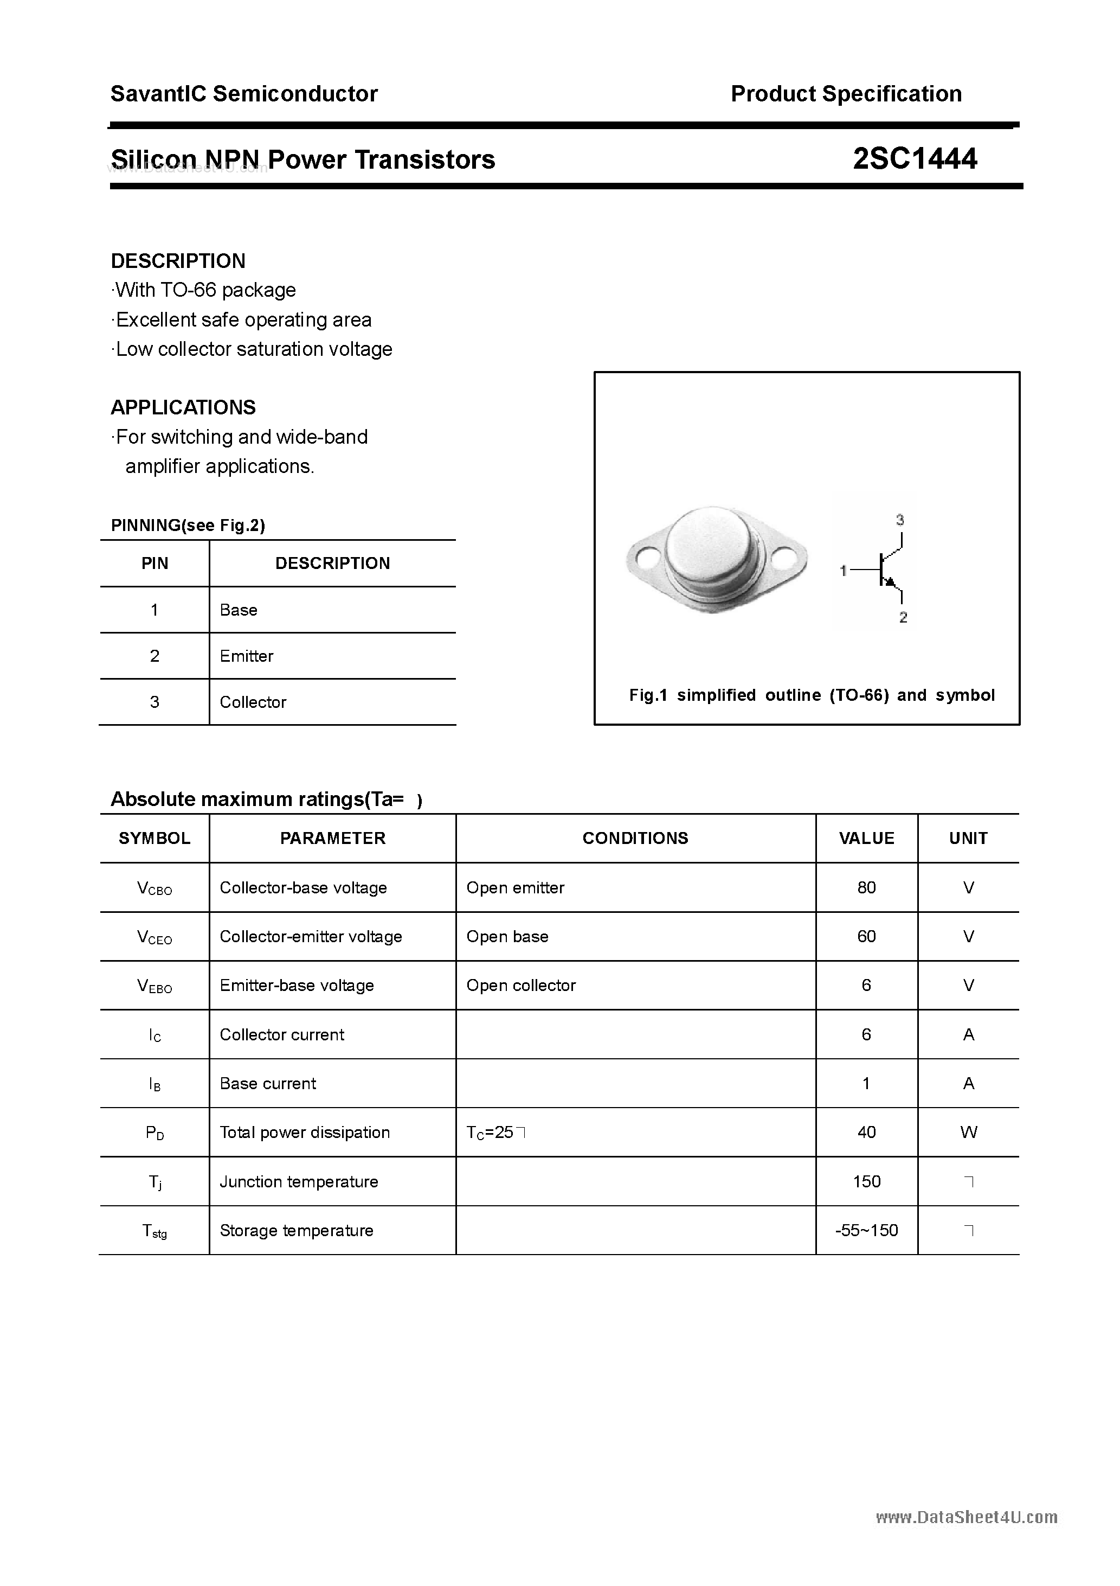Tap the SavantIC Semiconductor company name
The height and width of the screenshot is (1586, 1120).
[244, 94]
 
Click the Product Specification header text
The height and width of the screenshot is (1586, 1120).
[846, 94]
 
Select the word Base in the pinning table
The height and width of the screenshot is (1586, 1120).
[238, 610]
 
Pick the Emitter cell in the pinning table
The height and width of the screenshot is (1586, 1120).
[247, 656]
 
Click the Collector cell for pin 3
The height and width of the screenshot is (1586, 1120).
[253, 702]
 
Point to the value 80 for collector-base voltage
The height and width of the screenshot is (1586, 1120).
[866, 887]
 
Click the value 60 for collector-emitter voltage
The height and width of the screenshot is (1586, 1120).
[866, 937]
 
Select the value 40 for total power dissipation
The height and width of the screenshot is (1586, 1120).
[866, 1132]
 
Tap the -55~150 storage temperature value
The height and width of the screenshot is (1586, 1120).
[866, 1230]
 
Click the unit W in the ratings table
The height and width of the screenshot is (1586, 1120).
[968, 1132]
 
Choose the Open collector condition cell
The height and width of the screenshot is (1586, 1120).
[520, 986]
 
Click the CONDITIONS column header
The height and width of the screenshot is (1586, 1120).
[635, 838]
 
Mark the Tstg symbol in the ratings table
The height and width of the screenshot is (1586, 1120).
[154, 1231]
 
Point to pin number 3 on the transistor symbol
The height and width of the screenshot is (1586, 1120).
[900, 520]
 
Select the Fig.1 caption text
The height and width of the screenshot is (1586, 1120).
[812, 695]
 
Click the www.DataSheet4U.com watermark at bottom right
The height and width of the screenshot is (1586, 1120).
[966, 1518]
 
